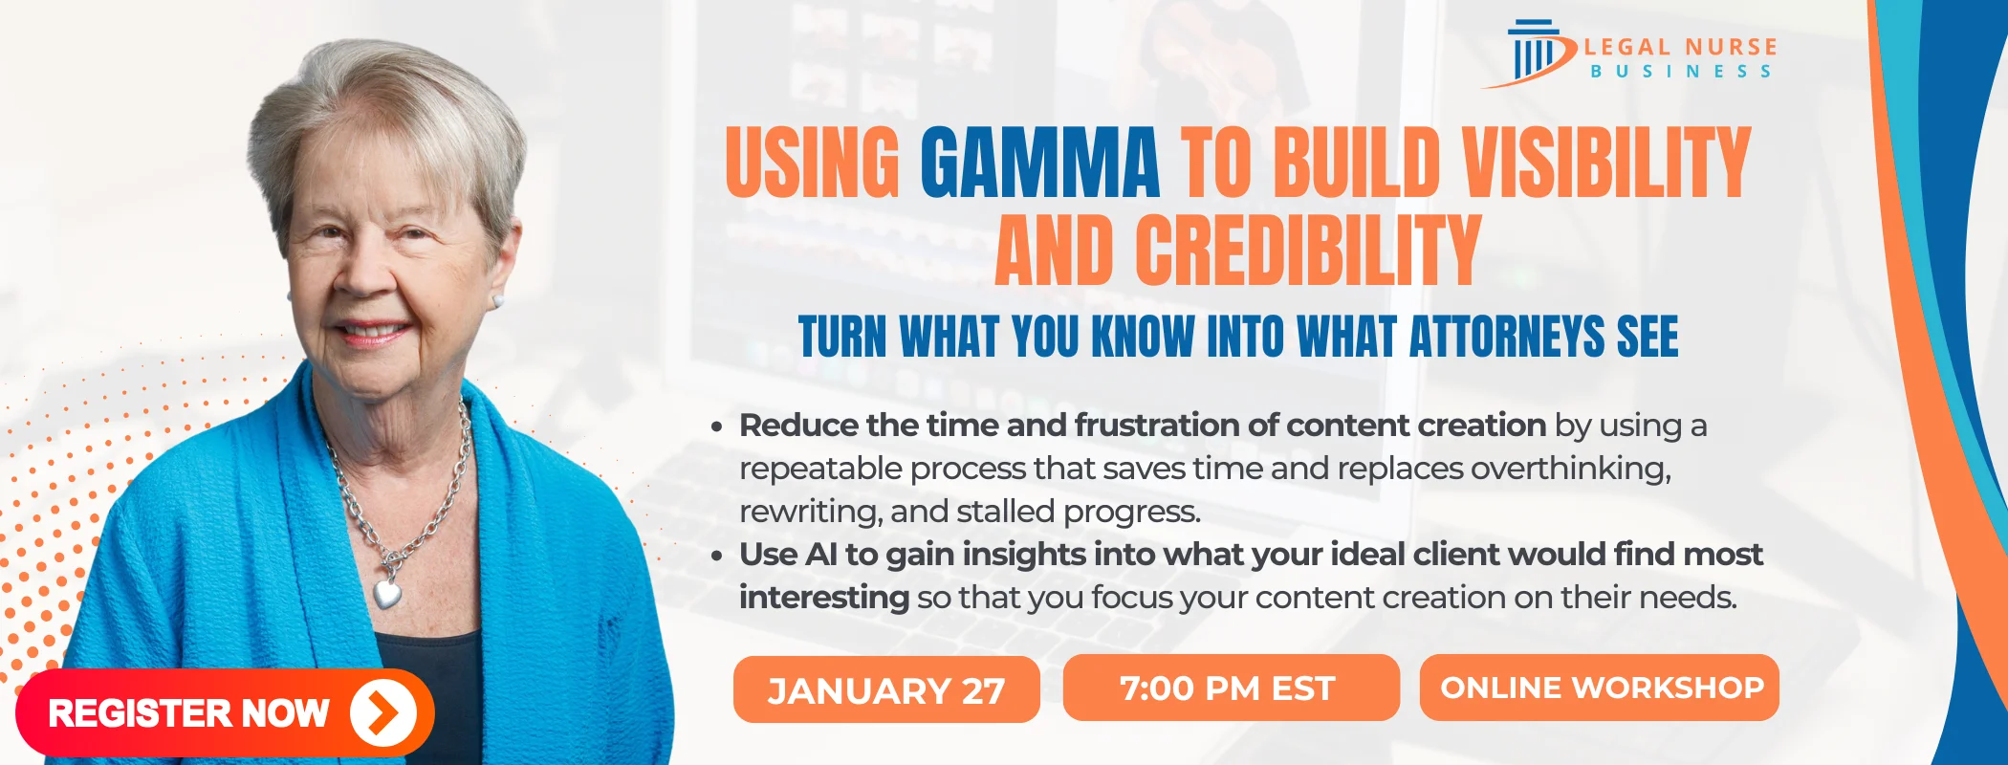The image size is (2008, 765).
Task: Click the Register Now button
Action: coord(225,712)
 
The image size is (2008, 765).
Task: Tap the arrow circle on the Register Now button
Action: coord(383,712)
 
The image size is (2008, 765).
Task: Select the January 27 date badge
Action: coord(886,689)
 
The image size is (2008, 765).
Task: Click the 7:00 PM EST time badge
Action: coord(1231,688)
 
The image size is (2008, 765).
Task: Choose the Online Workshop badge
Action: coord(1600,688)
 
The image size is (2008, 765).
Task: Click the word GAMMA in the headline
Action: coord(1040,164)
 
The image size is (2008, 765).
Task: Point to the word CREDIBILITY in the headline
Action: coord(1309,251)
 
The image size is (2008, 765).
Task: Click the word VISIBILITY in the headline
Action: coord(1607,164)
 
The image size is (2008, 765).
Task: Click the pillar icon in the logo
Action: coord(1534,53)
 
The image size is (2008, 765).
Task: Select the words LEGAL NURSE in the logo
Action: coord(1680,47)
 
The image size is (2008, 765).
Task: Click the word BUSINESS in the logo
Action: coord(1680,72)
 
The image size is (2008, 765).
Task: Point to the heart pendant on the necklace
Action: coord(387,593)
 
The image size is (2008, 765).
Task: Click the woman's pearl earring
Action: coord(497,300)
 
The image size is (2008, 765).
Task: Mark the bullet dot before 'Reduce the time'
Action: coord(716,427)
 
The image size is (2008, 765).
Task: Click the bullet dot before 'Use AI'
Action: coord(716,557)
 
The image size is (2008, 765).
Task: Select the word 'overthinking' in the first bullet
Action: coord(1570,469)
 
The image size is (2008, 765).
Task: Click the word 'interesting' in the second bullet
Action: coord(824,598)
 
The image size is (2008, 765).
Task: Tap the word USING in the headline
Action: coord(813,164)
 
